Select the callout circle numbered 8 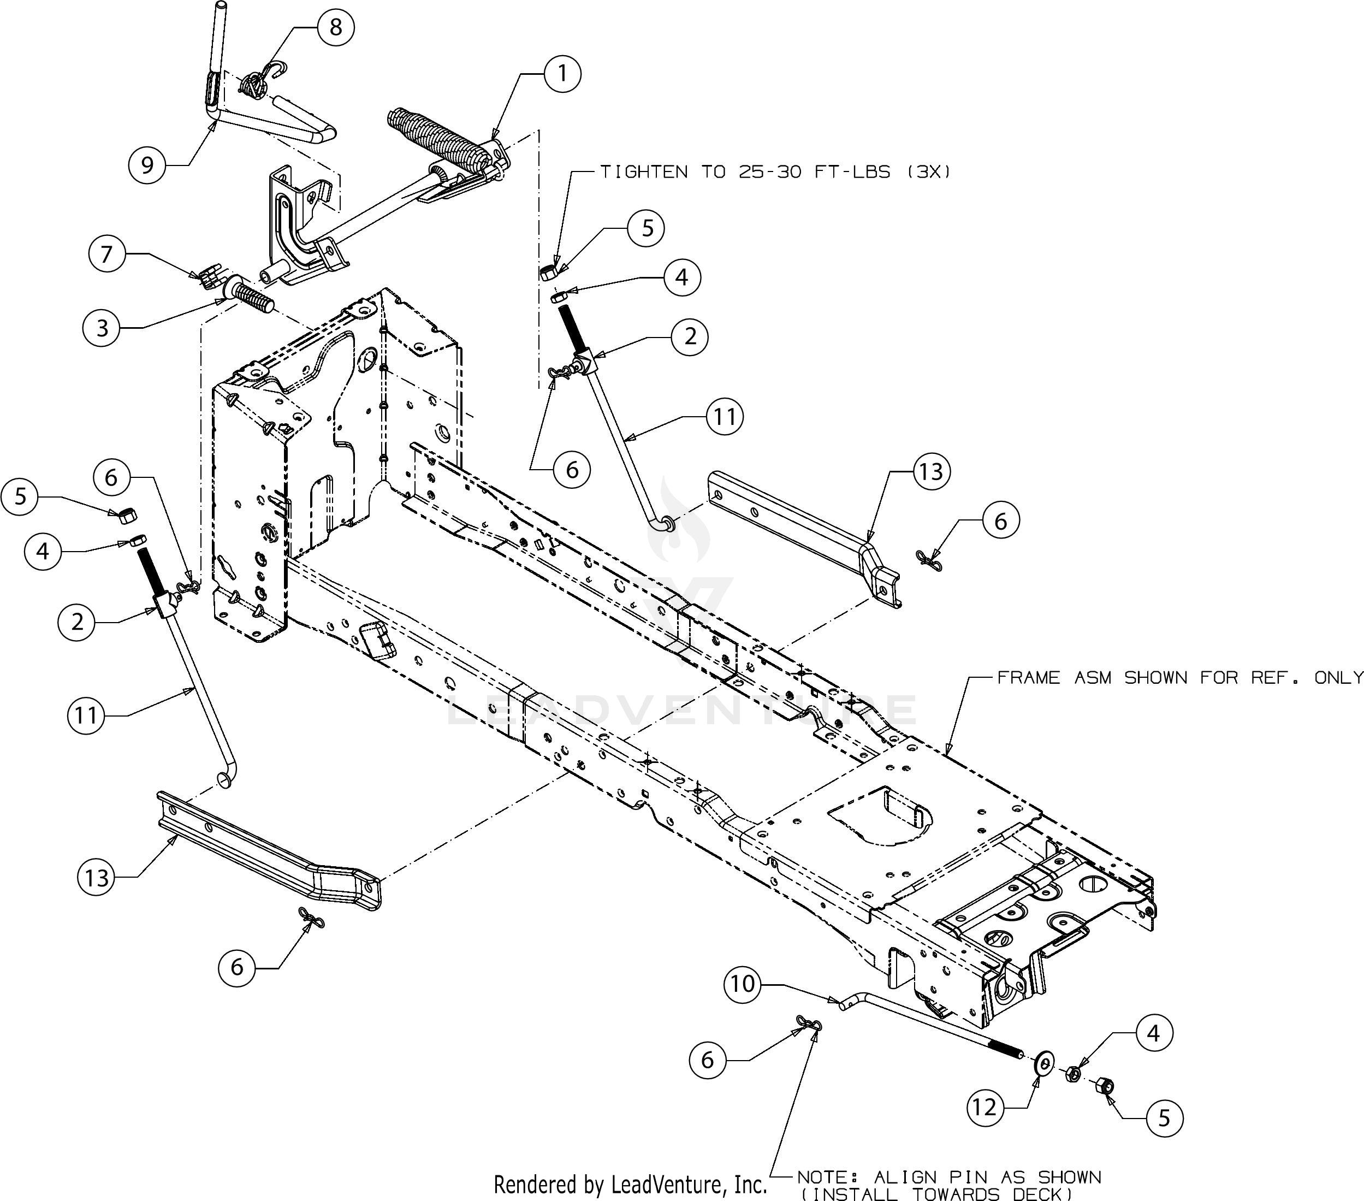(335, 27)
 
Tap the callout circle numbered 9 (147, 164)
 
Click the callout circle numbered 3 (102, 328)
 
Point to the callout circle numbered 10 (742, 984)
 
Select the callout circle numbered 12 (985, 1108)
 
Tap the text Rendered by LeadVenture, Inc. (631, 1184)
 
